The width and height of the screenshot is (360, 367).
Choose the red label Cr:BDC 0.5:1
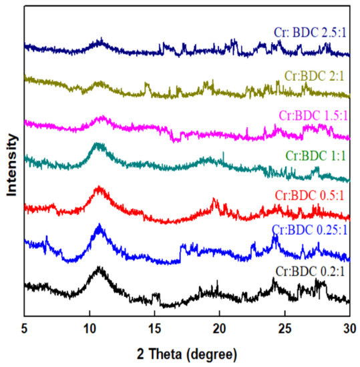click(x=312, y=195)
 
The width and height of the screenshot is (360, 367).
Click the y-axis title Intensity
click(x=11, y=165)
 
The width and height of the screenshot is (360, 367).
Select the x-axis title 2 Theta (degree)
click(x=187, y=352)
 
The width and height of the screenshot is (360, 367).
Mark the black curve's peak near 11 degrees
click(x=100, y=268)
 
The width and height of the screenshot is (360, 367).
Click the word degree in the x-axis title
click(x=211, y=352)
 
